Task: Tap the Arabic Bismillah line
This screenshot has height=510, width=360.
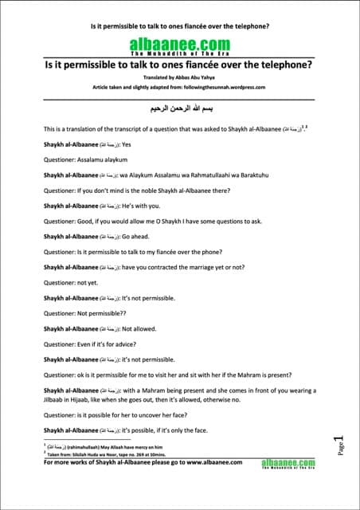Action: (179, 105)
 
